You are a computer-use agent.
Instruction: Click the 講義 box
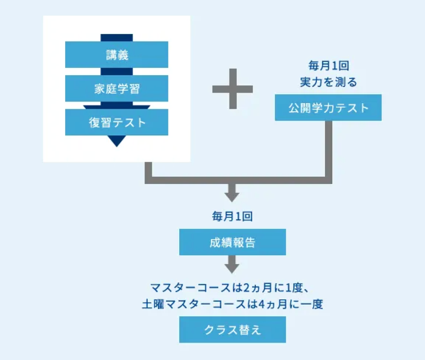[117, 55]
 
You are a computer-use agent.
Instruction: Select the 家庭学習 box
[117, 88]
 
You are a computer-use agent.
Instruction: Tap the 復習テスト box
[117, 122]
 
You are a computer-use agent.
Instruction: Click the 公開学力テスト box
[328, 108]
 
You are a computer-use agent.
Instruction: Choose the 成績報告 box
[232, 242]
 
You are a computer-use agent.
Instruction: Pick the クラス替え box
[232, 329]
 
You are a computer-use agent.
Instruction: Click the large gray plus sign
[232, 89]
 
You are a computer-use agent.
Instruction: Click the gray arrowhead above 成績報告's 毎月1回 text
[232, 195]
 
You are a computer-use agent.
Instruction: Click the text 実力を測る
[328, 82]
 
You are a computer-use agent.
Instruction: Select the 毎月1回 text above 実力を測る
[328, 65]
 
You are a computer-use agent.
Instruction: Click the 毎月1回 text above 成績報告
[232, 216]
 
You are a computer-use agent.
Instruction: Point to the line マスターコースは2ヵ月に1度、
[232, 288]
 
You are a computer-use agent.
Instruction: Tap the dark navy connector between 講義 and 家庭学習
[117, 72]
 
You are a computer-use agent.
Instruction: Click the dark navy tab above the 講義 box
[117, 38]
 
